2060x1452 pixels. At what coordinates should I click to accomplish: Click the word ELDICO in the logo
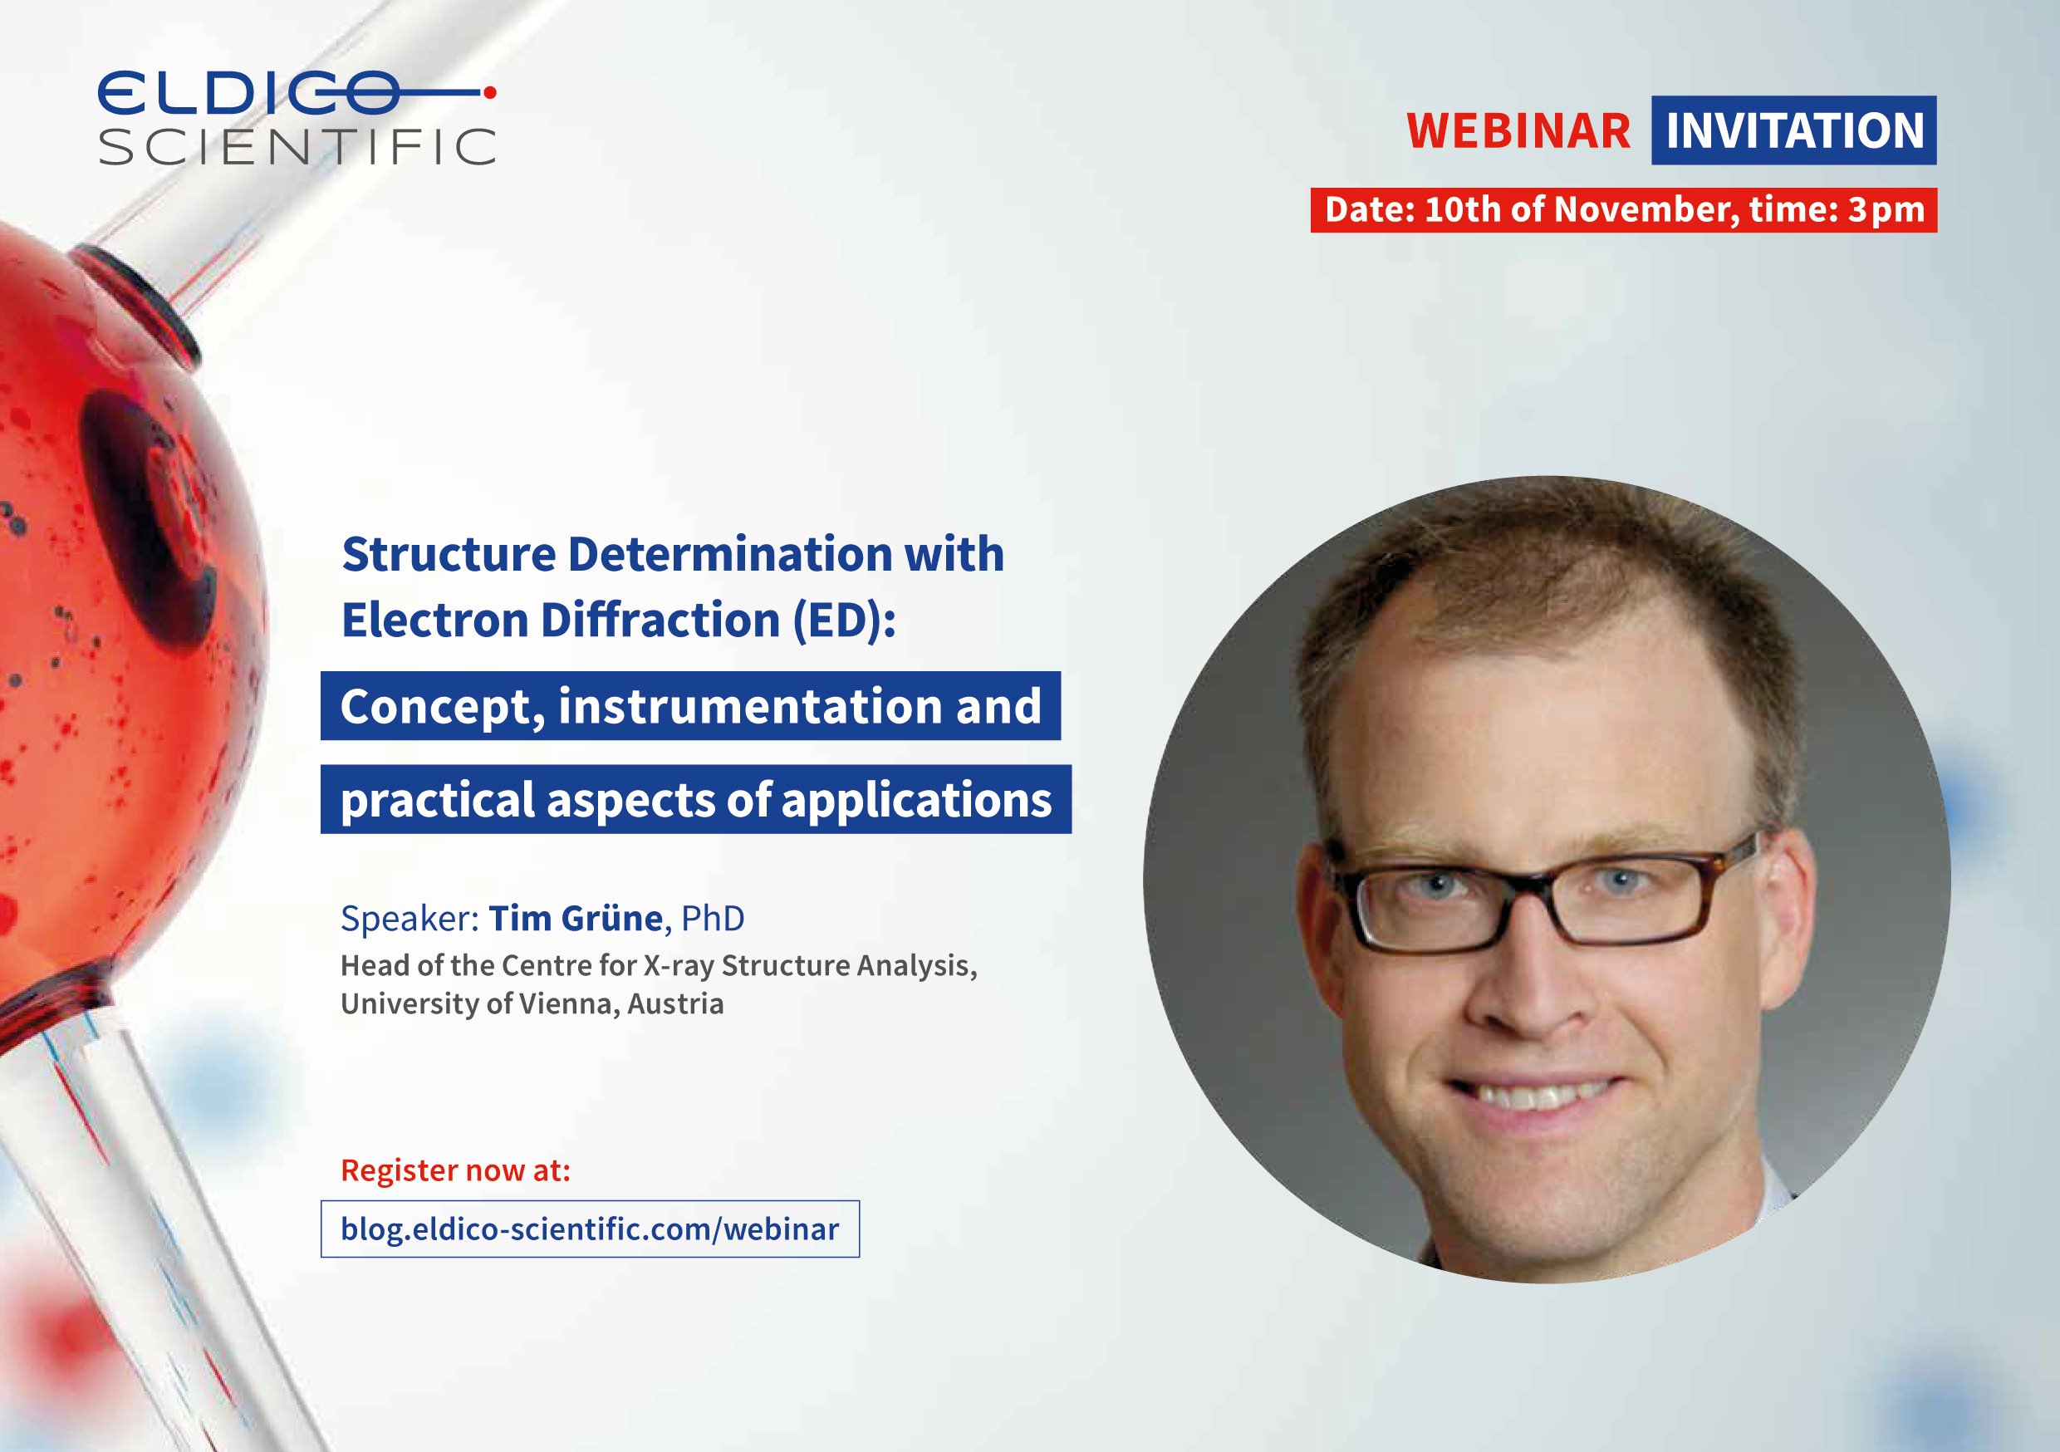click(x=248, y=92)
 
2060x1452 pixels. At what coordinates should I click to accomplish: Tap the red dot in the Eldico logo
click(x=490, y=91)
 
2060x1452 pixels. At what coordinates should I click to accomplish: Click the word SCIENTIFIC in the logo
click(x=297, y=146)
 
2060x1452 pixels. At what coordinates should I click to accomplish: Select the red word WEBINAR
click(x=1518, y=131)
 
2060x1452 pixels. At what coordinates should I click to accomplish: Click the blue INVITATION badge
click(x=1793, y=130)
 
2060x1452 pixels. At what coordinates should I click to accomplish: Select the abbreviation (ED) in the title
click(x=843, y=621)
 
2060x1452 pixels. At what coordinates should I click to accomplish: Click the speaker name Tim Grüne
click(x=575, y=918)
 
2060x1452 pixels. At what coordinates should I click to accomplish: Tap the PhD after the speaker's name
click(x=713, y=918)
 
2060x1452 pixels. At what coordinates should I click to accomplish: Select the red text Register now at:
click(x=456, y=1170)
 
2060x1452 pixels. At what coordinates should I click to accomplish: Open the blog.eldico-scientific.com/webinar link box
click(x=591, y=1229)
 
